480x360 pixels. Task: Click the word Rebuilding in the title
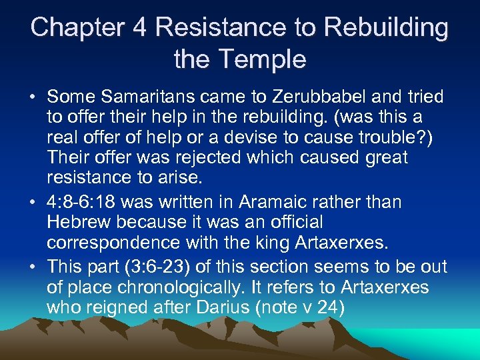click(x=379, y=27)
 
